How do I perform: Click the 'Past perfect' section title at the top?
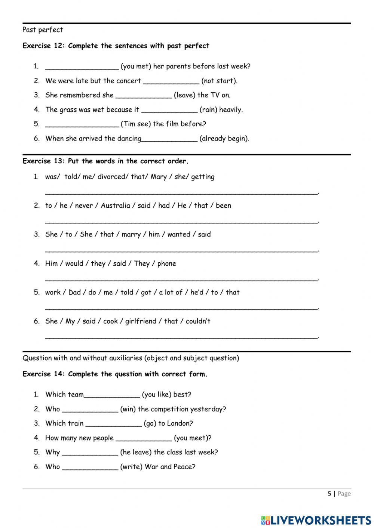tap(43, 30)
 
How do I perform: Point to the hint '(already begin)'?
tap(224, 139)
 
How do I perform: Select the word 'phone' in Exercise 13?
tap(166, 263)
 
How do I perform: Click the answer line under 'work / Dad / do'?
tap(181, 308)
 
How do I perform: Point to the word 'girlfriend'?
tap(141, 321)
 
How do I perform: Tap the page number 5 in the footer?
tap(329, 494)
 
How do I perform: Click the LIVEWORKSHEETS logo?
tap(316, 520)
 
